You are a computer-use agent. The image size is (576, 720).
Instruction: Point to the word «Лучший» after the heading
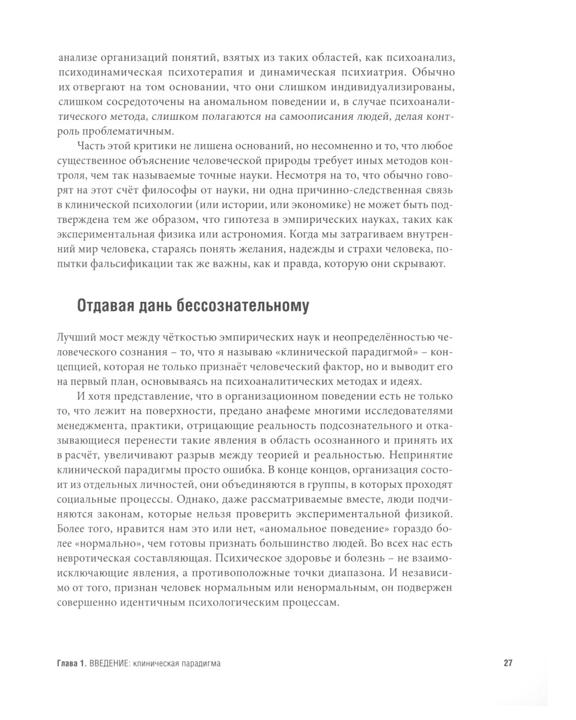(x=75, y=338)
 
